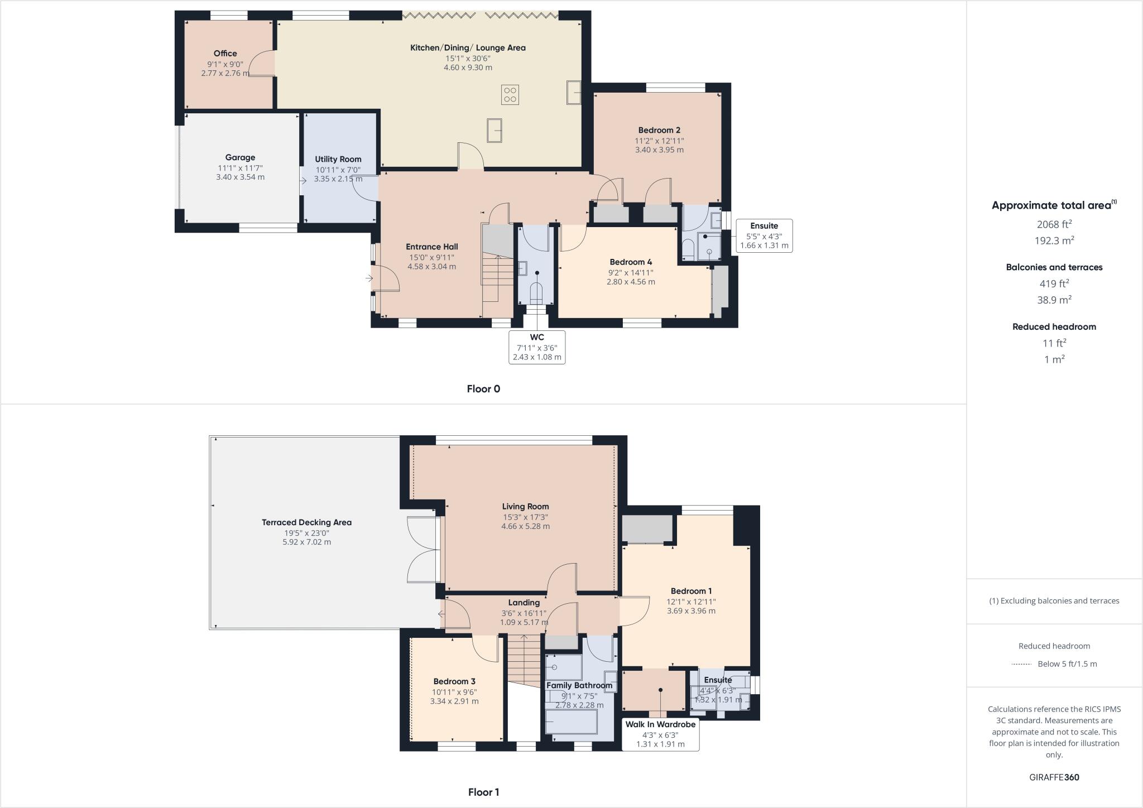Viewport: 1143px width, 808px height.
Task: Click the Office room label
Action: (225, 54)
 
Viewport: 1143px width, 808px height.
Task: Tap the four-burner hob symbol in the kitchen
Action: (510, 94)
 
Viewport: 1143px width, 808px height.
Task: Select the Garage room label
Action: (240, 157)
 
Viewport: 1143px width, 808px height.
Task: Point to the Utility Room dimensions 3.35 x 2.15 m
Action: (338, 179)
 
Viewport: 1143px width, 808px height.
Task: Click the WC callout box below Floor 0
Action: (537, 347)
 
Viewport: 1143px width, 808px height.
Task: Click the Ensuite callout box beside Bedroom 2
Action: (764, 235)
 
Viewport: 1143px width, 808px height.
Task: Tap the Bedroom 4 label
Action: (631, 262)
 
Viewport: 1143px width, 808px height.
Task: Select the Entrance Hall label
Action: (431, 247)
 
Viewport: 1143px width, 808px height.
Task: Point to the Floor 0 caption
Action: (483, 389)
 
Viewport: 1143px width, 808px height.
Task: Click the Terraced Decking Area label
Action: (306, 522)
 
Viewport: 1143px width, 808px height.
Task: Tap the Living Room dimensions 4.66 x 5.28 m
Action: (525, 526)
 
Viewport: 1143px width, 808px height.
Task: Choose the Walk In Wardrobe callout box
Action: (660, 734)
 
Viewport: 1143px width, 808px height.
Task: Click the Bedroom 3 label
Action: (454, 681)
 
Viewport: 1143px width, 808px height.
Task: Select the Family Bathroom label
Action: (579, 685)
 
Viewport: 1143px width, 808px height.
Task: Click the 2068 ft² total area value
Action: (1054, 224)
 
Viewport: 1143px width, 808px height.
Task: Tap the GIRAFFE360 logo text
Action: (1054, 777)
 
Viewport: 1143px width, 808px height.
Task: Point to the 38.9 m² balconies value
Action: (1054, 300)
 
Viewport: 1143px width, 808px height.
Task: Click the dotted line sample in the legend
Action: (1021, 664)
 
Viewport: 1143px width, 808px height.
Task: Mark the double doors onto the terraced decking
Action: (423, 550)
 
